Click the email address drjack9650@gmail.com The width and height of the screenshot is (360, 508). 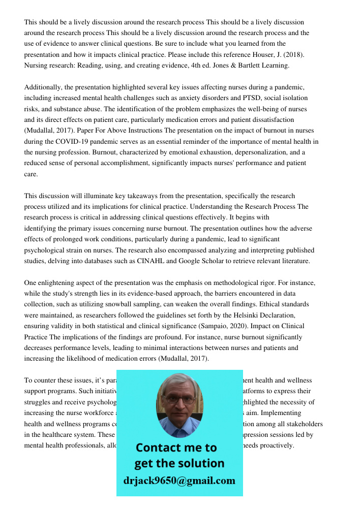coord(179,481)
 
